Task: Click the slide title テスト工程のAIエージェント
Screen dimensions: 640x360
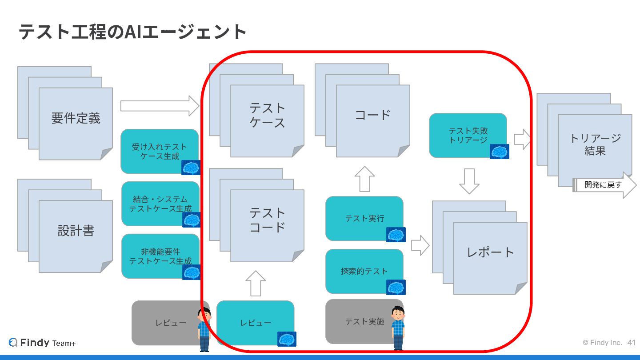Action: pos(132,32)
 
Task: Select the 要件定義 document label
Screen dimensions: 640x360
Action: pos(76,118)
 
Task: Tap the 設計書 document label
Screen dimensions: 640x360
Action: pos(76,231)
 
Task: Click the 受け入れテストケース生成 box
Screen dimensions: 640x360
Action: pos(159,151)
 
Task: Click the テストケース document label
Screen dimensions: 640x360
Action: pos(267,115)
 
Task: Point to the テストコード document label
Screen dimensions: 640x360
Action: pos(267,220)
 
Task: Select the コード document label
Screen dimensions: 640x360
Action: pos(372,115)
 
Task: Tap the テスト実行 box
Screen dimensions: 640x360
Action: pos(364,218)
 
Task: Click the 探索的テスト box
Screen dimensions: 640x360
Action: pos(364,271)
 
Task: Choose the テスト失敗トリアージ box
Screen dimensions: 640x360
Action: pos(468,135)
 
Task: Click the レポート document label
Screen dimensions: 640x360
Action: pos(490,252)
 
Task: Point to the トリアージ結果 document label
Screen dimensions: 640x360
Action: pos(595,144)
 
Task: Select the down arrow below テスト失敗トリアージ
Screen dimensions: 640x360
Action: pos(469,180)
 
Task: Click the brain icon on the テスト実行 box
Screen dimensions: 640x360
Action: pos(396,235)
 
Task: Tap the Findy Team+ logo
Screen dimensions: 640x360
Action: pos(43,343)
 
